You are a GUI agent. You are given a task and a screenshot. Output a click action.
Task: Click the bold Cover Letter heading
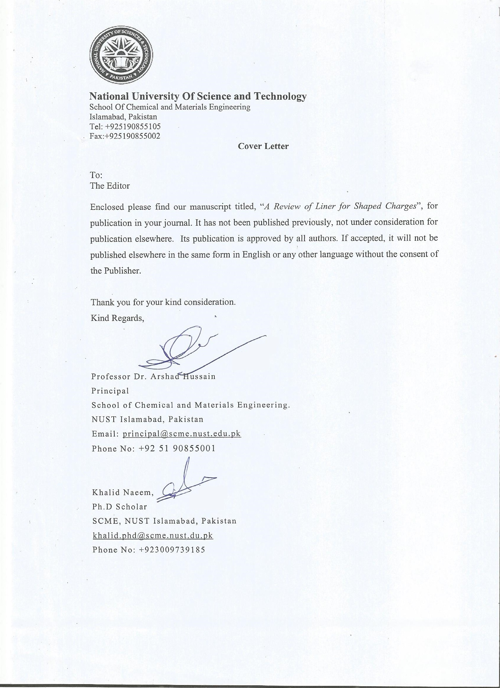pyautogui.click(x=263, y=146)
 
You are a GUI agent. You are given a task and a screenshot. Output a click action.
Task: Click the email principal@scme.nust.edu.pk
pyautogui.click(x=182, y=434)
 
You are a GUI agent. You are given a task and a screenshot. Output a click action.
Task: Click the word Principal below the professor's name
pyautogui.click(x=110, y=391)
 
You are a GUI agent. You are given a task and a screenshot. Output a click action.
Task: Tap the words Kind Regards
pyautogui.click(x=117, y=318)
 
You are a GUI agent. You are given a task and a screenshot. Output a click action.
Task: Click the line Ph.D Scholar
pyautogui.click(x=120, y=507)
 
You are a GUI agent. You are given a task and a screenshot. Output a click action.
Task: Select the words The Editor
pyautogui.click(x=110, y=186)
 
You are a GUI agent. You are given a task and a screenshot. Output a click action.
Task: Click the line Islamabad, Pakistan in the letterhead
pyautogui.click(x=123, y=117)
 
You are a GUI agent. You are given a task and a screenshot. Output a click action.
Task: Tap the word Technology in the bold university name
pyautogui.click(x=280, y=96)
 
